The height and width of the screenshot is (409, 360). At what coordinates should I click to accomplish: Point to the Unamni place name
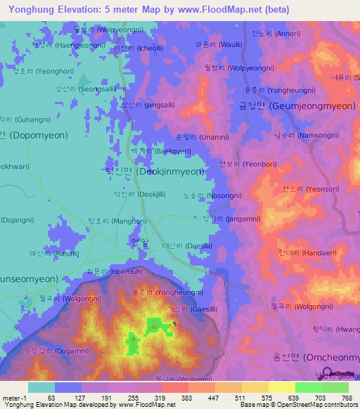tap(200, 136)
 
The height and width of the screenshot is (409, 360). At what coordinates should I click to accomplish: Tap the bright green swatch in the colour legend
tap(308, 387)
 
